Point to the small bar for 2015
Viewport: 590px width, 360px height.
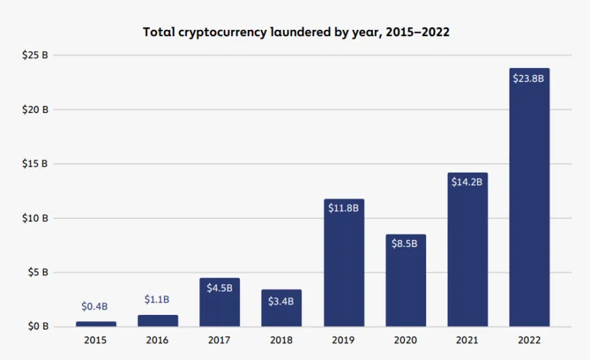96,323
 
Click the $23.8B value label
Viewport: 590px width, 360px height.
529,78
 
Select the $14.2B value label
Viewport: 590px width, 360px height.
467,182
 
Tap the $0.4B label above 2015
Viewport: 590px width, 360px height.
95,306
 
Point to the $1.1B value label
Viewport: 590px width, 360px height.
158,299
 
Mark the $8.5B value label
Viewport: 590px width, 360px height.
405,245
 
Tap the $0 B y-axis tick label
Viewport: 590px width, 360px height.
37,326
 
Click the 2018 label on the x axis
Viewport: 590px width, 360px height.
281,341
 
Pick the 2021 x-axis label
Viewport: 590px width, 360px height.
467,341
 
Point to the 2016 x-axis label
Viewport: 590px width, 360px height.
158,341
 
